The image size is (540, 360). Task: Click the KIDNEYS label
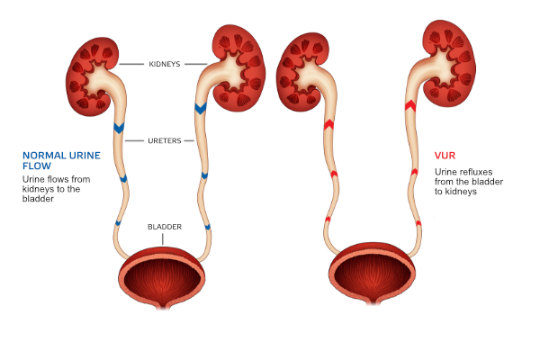coord(165,64)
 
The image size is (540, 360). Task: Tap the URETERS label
coord(165,140)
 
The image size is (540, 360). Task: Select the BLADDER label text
coord(165,227)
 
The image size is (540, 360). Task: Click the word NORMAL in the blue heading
coord(44,156)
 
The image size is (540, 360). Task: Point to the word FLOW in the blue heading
coord(37,166)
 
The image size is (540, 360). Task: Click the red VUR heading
coord(445,156)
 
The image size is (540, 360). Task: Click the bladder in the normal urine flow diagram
coord(162,276)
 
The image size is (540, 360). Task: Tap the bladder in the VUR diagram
coord(373,274)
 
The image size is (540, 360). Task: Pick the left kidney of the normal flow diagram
coord(90,76)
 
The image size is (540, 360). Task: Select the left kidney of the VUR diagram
coord(301,72)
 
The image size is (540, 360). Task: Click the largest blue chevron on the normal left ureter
coord(119,128)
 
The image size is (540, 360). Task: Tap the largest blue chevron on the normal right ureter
coord(201,108)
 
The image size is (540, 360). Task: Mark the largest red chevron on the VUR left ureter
coord(328,125)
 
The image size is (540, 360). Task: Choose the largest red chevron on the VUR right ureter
coord(410,106)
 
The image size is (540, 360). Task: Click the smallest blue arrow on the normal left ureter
coord(118,223)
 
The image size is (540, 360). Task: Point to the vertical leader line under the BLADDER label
coord(163,239)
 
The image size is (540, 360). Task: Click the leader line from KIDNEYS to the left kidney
coord(131,64)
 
